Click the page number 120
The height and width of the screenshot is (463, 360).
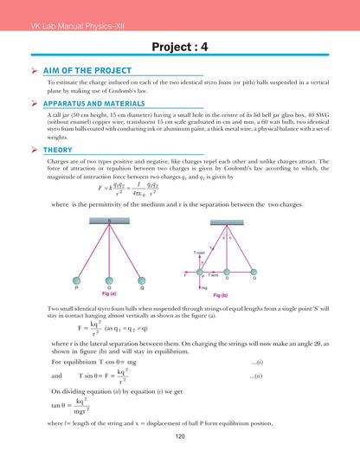tap(180, 437)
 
